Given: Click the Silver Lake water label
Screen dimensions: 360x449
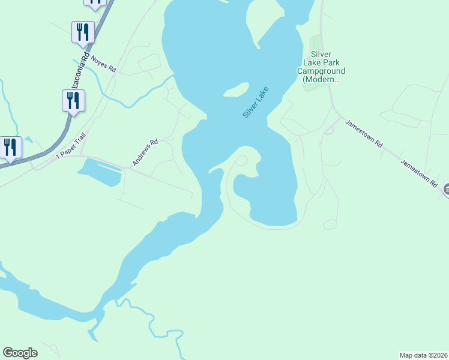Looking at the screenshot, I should [256, 102].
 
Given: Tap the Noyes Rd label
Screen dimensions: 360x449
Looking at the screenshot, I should [103, 64].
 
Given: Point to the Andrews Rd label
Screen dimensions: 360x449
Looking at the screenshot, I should [145, 152].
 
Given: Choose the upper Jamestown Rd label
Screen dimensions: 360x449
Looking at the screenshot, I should [364, 133].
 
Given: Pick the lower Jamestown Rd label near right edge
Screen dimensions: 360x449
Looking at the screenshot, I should [420, 174].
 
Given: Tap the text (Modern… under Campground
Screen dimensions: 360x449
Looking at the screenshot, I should [321, 79].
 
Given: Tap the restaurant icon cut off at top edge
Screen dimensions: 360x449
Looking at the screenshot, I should [95, 3].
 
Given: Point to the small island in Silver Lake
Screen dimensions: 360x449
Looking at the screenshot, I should [236, 90].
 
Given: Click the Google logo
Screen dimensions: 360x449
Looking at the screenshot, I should [20, 353].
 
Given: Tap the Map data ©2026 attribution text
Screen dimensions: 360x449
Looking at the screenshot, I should [423, 355].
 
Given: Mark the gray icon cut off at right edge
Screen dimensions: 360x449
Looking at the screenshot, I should [446, 190].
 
